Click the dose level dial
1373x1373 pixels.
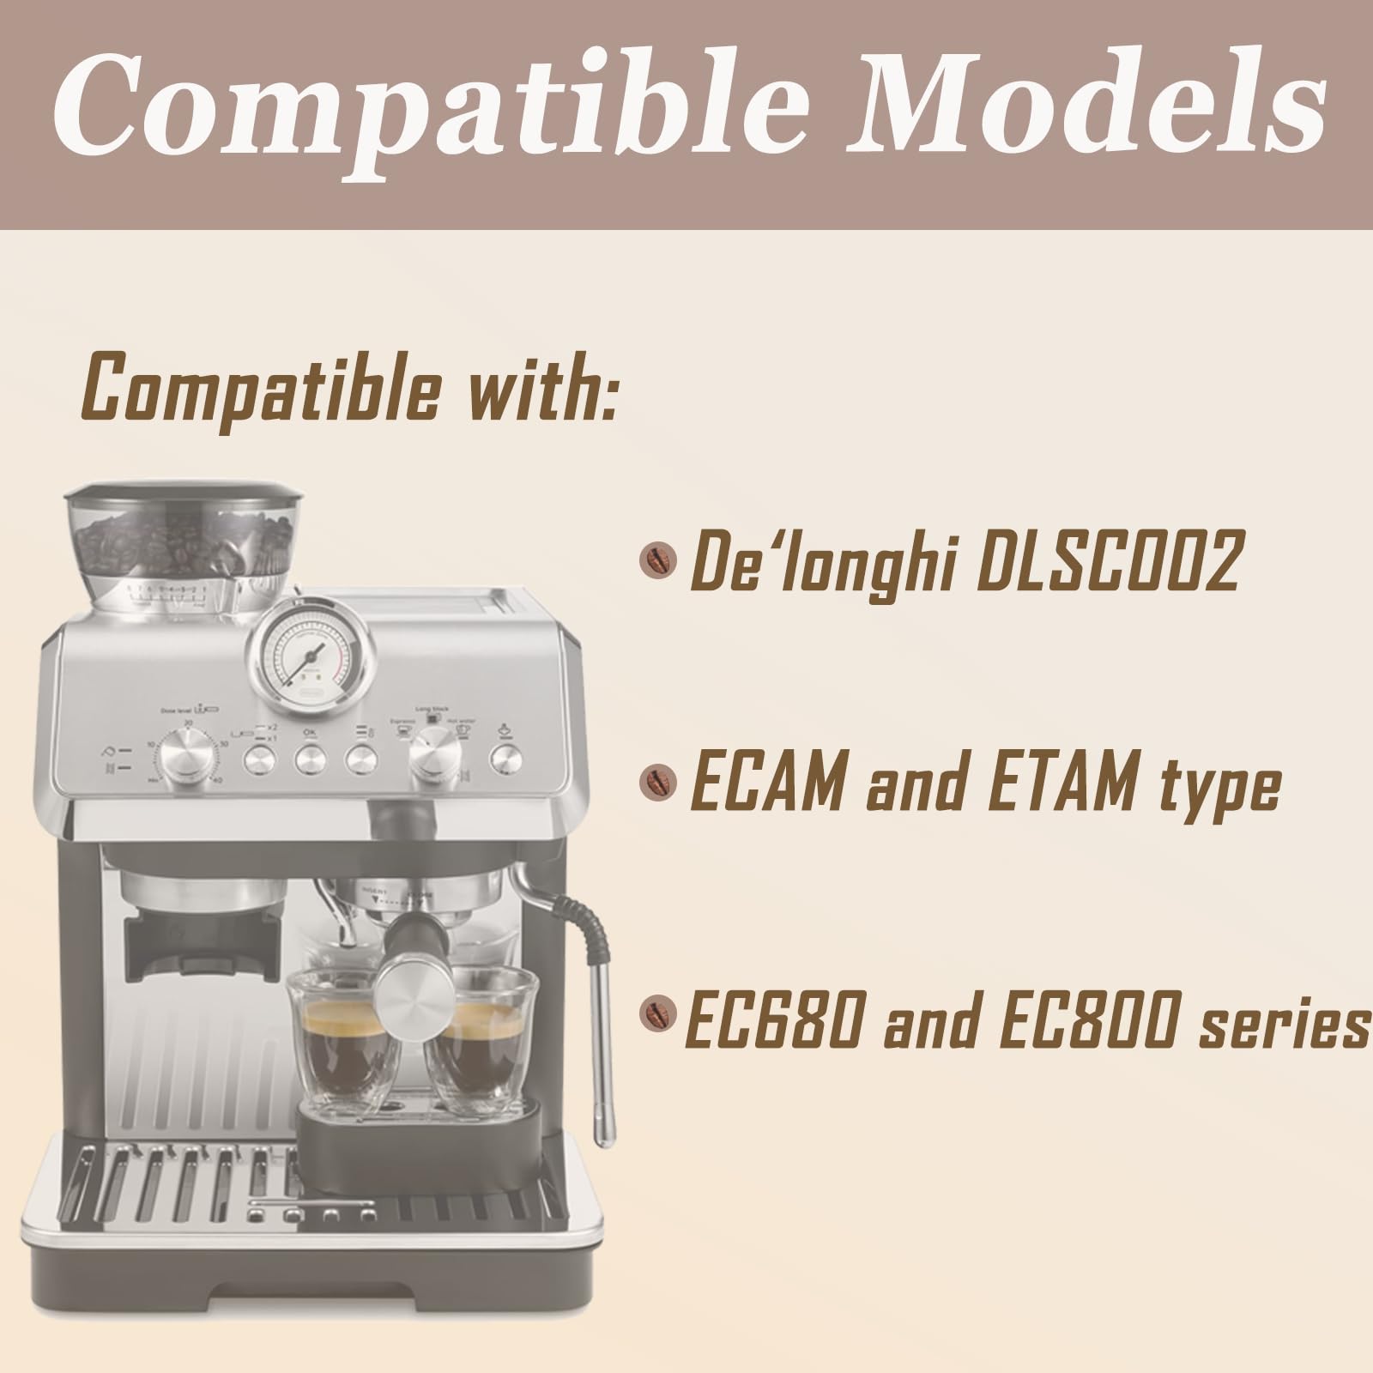tap(187, 756)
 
